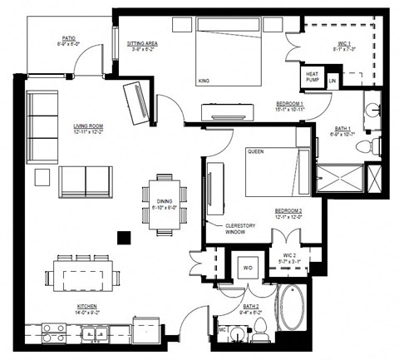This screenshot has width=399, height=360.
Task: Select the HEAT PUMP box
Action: pyautogui.click(x=313, y=76)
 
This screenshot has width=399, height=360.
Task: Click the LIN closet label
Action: pyautogui.click(x=332, y=81)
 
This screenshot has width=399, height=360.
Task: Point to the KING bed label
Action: pyautogui.click(x=204, y=81)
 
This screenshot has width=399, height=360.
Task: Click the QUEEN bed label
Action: pyautogui.click(x=255, y=152)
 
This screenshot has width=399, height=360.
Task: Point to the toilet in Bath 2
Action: pyautogui.click(x=258, y=335)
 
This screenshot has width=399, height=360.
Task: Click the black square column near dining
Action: pyautogui.click(x=123, y=236)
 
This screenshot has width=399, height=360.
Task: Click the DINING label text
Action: pyautogui.click(x=165, y=200)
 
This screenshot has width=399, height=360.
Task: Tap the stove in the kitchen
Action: pyautogui.click(x=54, y=333)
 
